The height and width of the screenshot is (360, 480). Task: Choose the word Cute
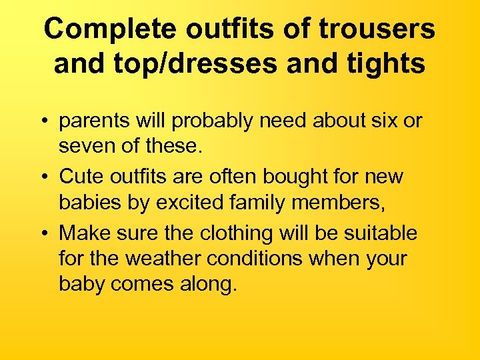81,177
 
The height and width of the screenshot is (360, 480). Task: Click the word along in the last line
206,284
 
